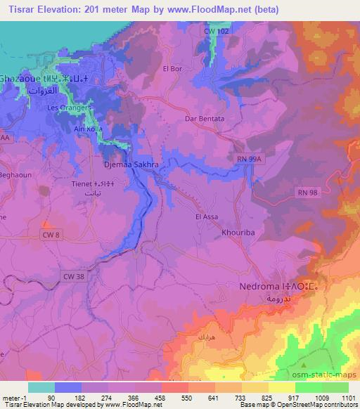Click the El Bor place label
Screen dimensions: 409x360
tap(172, 68)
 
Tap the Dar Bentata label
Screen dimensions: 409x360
tap(205, 119)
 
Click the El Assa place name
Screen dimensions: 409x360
tap(208, 217)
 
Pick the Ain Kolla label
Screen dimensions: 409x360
tap(89, 130)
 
